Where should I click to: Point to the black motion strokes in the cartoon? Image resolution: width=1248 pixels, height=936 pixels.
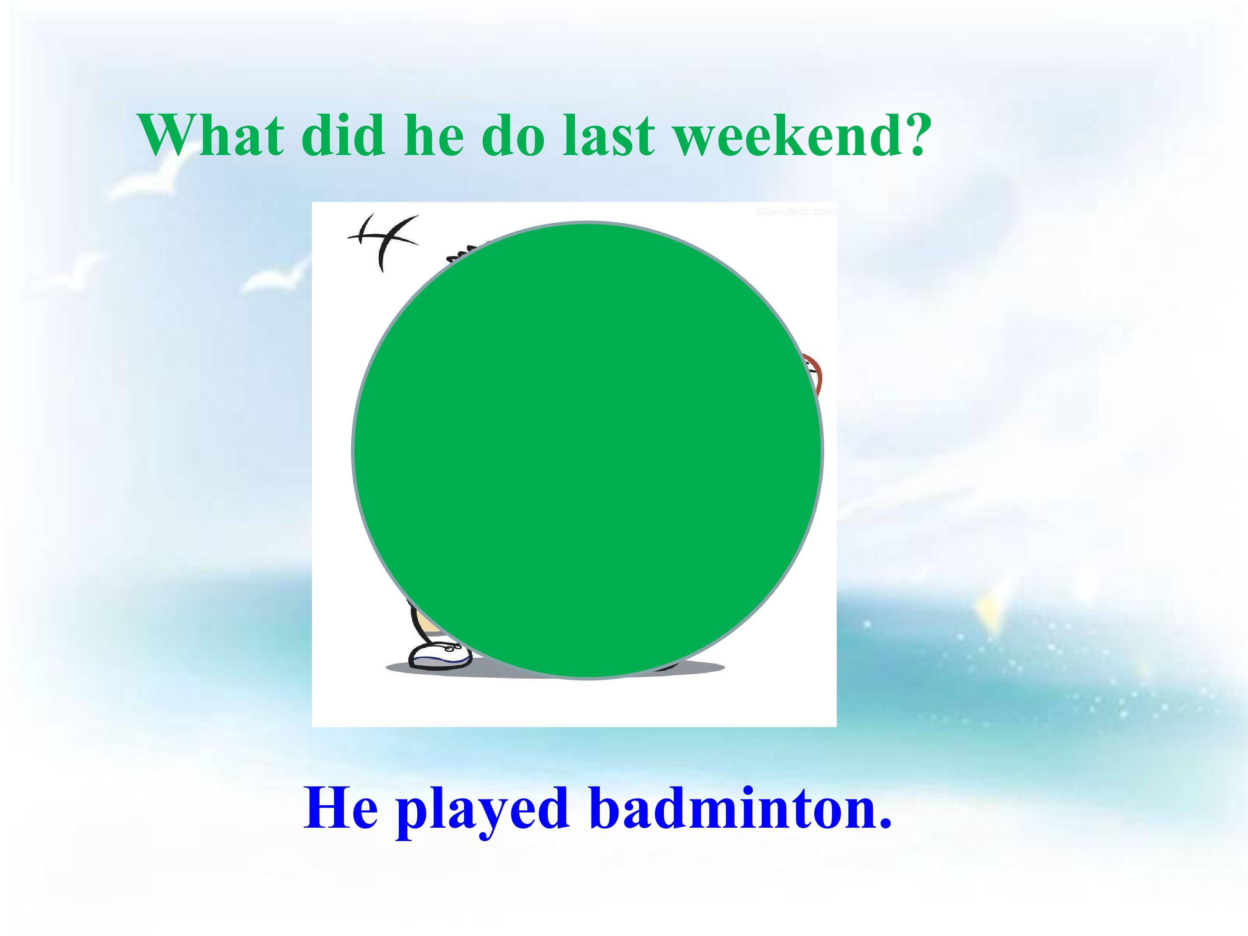pyautogui.click(x=383, y=239)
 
